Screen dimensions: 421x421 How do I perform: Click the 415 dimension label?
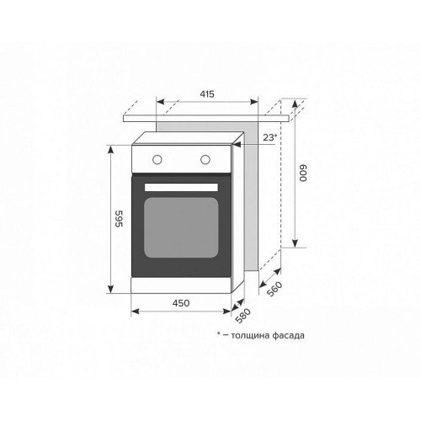click(207, 94)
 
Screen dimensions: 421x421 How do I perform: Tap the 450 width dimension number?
click(181, 303)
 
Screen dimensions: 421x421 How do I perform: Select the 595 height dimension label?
click(120, 219)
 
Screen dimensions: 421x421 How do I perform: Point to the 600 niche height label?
click(303, 173)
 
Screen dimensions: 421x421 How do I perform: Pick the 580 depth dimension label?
click(242, 316)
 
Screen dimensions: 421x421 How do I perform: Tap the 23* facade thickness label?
click(269, 137)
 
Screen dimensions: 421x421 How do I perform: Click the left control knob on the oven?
click(157, 160)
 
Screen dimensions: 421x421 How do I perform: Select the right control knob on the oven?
click(205, 160)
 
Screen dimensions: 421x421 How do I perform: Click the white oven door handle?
click(181, 187)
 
